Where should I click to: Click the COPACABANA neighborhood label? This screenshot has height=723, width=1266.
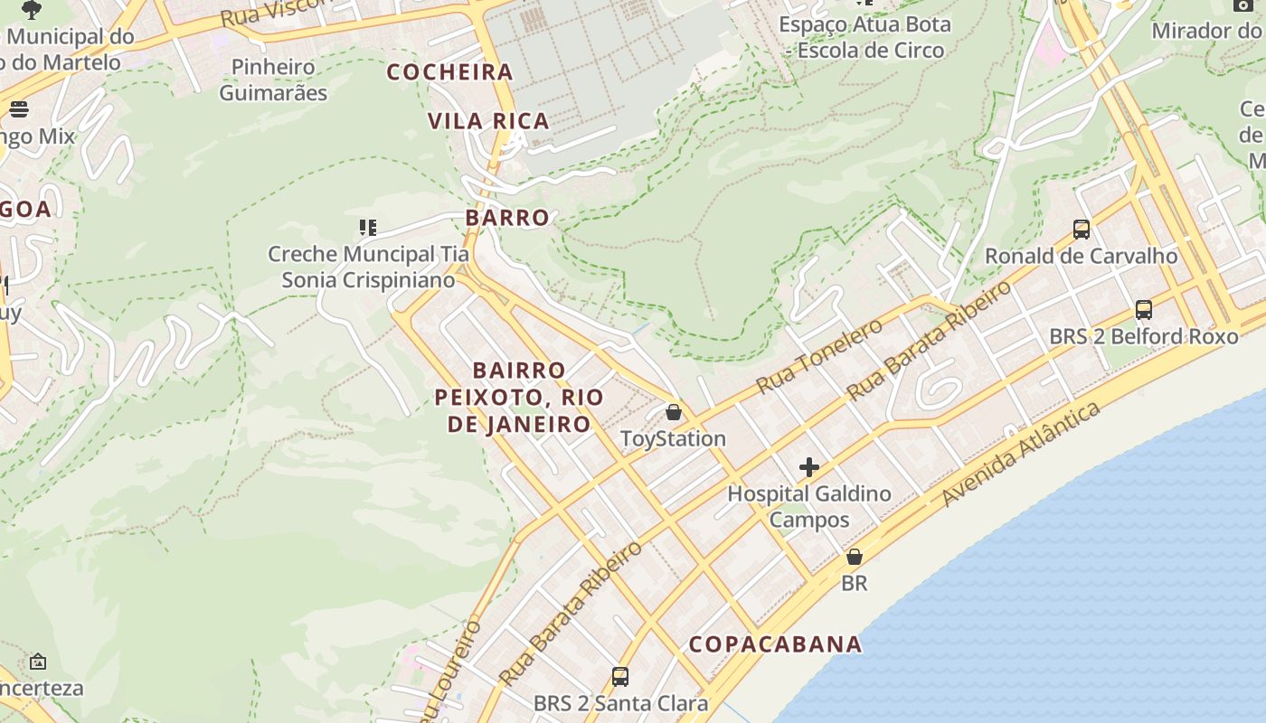click(775, 644)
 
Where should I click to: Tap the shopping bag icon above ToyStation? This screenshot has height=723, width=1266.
click(674, 413)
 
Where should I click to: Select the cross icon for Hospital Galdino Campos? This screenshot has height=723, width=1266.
click(809, 467)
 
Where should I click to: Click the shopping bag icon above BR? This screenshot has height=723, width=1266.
click(854, 557)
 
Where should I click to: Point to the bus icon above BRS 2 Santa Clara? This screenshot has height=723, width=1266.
click(620, 676)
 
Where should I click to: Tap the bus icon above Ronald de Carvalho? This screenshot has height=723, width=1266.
click(1082, 230)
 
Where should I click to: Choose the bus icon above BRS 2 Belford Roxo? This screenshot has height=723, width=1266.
click(1144, 310)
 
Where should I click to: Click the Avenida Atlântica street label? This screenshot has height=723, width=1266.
click(1022, 454)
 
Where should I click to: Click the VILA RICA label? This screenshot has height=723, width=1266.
click(488, 121)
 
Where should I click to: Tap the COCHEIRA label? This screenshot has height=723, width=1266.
click(449, 72)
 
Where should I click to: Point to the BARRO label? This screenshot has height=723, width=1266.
click(507, 218)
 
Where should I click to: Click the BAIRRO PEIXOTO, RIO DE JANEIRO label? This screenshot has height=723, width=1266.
click(519, 397)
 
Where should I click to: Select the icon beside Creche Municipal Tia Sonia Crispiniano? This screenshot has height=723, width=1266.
click(367, 228)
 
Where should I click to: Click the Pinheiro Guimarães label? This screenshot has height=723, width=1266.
click(273, 80)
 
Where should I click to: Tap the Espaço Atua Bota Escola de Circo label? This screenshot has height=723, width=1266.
click(865, 37)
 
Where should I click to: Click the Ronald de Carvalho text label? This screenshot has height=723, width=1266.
click(1081, 256)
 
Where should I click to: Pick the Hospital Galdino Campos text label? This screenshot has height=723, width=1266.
click(809, 506)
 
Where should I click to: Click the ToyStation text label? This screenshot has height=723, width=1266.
click(673, 439)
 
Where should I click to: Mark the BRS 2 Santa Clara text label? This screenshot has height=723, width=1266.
click(620, 702)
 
